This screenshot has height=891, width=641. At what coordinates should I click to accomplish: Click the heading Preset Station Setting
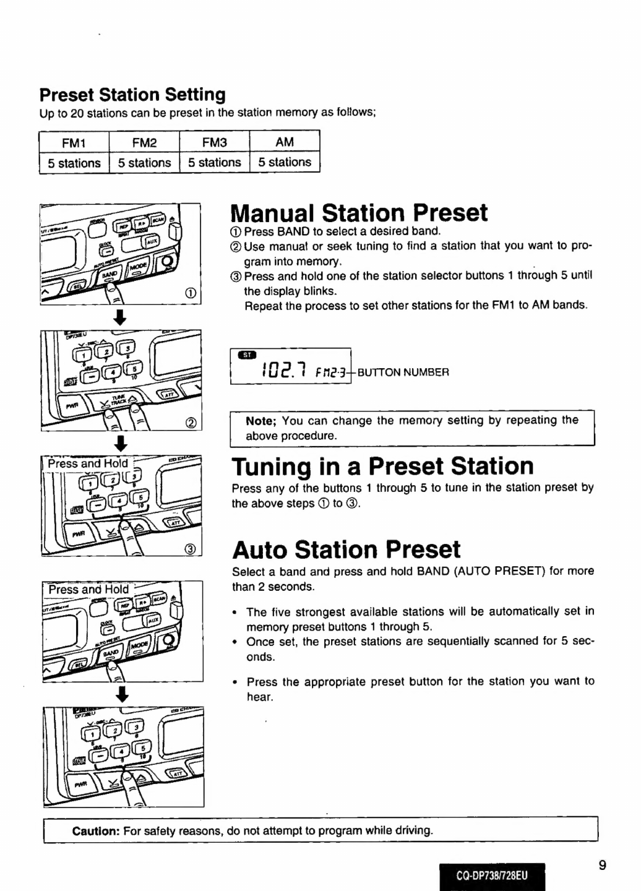[132, 95]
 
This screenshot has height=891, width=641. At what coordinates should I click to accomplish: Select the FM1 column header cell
[74, 143]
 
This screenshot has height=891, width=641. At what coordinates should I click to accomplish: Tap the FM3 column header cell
[214, 143]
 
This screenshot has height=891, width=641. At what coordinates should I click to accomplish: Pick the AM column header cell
[285, 142]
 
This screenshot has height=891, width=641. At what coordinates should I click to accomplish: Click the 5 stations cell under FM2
[144, 163]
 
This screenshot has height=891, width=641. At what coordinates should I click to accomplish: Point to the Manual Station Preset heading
[359, 213]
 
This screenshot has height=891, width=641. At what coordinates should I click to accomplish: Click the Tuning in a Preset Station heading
[382, 466]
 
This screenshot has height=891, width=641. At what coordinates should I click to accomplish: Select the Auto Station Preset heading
[346, 549]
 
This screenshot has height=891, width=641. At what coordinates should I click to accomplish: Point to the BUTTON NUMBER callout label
[403, 372]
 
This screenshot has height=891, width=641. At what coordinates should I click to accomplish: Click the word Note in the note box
[260, 421]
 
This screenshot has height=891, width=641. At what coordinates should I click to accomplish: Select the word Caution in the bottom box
[95, 830]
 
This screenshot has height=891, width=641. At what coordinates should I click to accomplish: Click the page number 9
[602, 865]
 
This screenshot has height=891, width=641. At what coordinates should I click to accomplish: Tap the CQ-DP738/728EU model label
[492, 876]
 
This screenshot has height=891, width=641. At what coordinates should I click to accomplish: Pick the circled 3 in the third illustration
[191, 548]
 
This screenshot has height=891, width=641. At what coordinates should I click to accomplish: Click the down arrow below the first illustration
[121, 317]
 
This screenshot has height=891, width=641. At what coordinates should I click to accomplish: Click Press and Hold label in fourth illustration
[88, 590]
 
